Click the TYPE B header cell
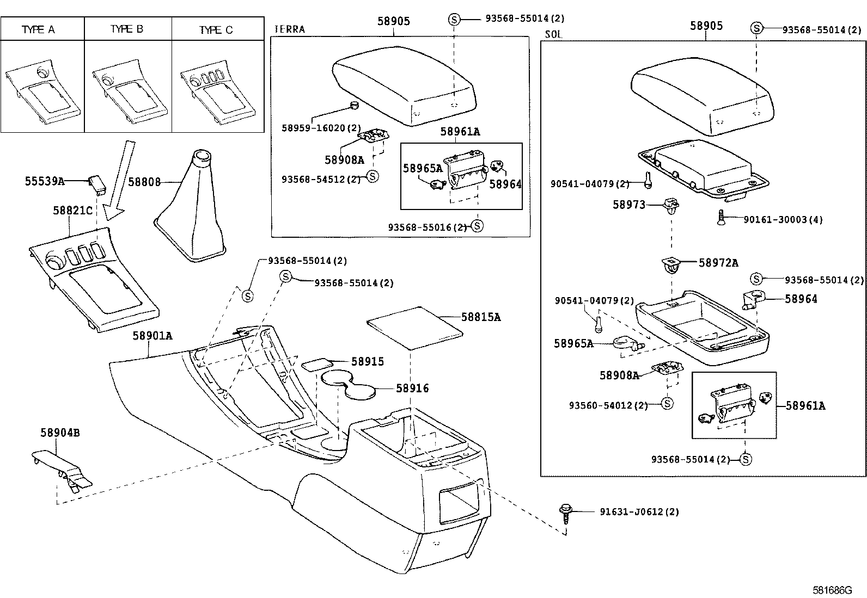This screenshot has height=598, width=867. [x=127, y=29]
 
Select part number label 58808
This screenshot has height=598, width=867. [x=144, y=182]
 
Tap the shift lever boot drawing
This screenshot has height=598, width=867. [x=196, y=212]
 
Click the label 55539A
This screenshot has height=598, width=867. [x=45, y=181]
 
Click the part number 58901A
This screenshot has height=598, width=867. [x=152, y=336]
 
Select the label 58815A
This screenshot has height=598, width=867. [x=480, y=317]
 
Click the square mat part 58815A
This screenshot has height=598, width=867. [x=415, y=328]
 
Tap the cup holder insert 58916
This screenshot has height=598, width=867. [x=349, y=384]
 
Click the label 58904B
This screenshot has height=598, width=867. [x=60, y=433]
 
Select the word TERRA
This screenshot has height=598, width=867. [x=290, y=29]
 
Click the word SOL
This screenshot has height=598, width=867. [x=553, y=34]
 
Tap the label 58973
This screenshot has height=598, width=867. [x=629, y=205]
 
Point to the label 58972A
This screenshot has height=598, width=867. [x=718, y=263]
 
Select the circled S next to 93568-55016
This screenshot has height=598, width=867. [x=477, y=225]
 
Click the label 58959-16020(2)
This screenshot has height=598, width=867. [x=321, y=128]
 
